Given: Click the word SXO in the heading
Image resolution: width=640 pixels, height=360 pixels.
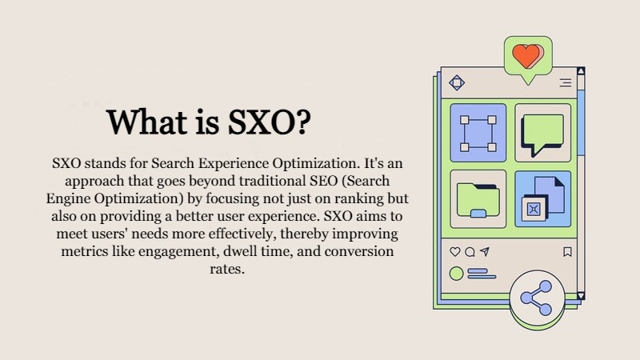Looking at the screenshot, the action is click(261, 122).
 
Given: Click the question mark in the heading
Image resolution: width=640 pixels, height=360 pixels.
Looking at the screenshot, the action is click(302, 122).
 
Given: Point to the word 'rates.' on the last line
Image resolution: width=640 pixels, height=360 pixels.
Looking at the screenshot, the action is click(227, 269).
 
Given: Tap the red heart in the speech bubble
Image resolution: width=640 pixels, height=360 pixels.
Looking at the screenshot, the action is click(528, 56).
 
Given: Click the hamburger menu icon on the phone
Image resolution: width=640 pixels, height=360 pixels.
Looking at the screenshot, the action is click(566, 83).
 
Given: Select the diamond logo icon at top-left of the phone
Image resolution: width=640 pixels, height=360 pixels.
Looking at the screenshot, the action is click(457, 83).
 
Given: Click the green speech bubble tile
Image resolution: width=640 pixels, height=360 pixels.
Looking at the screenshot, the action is click(543, 133).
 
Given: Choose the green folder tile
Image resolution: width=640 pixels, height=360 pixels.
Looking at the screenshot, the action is click(478, 198).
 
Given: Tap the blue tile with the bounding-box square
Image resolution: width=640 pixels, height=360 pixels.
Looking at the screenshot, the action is click(478, 133).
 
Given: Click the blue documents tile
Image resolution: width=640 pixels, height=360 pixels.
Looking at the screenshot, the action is click(543, 198).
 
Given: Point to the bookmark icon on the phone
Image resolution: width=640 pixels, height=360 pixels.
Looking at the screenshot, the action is click(567, 252).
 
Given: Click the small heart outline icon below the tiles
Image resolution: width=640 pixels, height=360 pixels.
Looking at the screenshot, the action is click(454, 252).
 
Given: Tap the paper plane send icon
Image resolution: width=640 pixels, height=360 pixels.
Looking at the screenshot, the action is click(485, 251).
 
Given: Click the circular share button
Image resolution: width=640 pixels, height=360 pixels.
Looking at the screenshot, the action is click(537, 298).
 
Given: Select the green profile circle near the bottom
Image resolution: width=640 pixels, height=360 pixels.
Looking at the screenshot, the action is click(456, 274).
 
